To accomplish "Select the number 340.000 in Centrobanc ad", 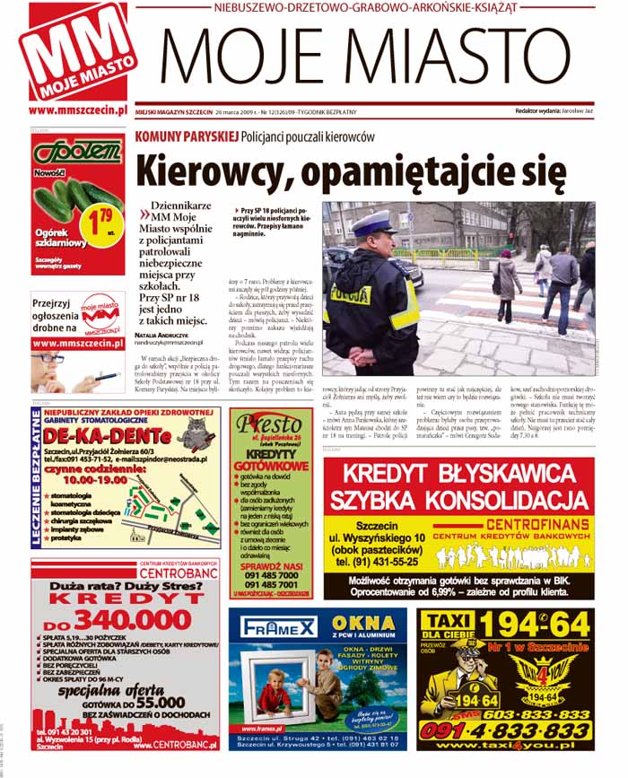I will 131,620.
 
